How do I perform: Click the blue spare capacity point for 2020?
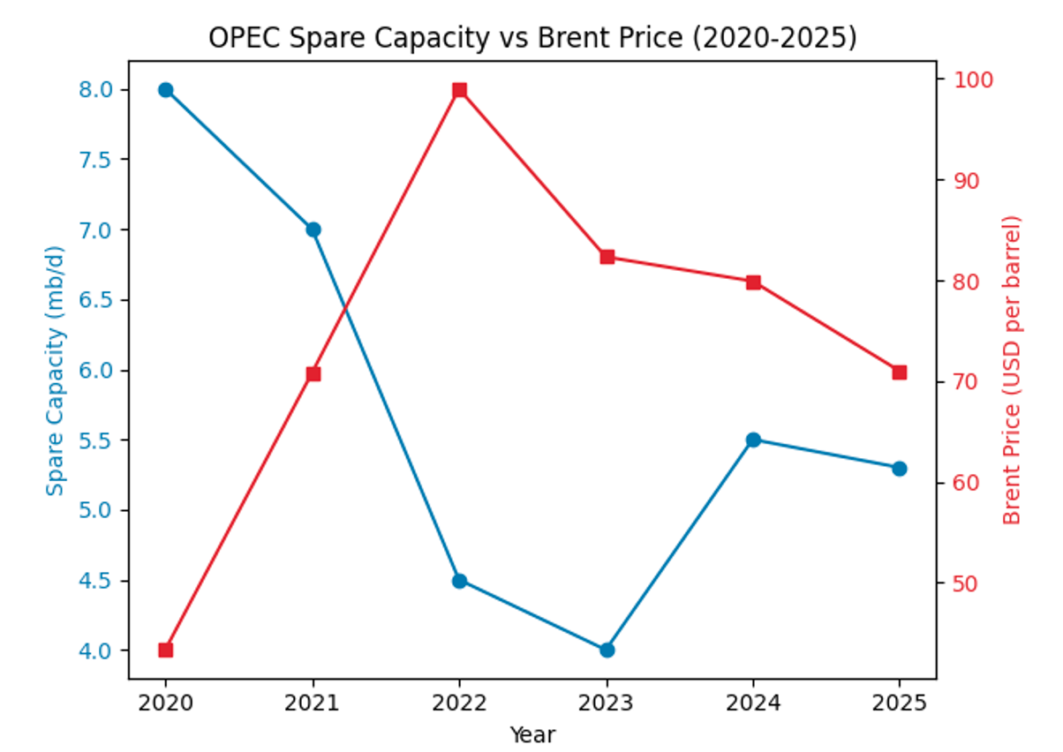(x=165, y=90)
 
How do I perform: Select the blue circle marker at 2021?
(x=313, y=229)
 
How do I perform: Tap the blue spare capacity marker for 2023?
(x=607, y=650)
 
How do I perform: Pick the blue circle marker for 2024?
(x=753, y=440)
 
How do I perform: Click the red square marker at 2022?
(x=459, y=90)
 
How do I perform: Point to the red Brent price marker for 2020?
(x=165, y=650)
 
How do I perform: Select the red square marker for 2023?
(x=607, y=257)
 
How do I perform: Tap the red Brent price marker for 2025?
(x=899, y=372)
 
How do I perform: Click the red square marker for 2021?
(x=313, y=373)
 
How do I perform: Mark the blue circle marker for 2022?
(x=459, y=581)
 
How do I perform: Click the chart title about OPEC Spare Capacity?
(x=532, y=38)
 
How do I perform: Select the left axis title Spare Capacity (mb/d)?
(x=56, y=370)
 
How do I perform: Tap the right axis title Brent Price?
(x=1012, y=370)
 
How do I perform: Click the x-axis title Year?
(x=532, y=733)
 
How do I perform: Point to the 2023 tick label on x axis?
(x=607, y=703)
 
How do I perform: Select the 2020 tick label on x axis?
(x=165, y=703)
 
